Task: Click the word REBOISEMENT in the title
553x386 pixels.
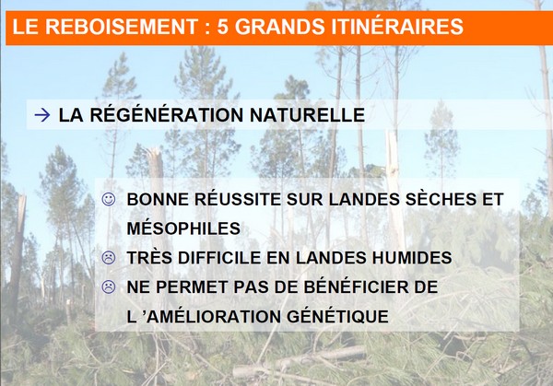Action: [122, 27]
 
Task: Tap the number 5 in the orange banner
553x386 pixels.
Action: [222, 27]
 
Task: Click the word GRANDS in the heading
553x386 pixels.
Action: [279, 27]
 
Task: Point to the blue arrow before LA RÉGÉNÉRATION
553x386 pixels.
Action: [42, 115]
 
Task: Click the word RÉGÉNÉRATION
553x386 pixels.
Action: [167, 114]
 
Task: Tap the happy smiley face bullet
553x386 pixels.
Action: [109, 199]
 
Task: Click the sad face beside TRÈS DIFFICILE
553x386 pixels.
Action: [109, 258]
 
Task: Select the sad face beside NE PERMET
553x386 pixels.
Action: [109, 287]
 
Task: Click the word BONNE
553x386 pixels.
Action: [158, 200]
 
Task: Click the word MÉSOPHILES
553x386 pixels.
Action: [183, 228]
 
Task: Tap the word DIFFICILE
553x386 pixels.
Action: [218, 258]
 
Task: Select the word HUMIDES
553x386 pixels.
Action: [412, 258]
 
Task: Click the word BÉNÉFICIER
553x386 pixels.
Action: [353, 286]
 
